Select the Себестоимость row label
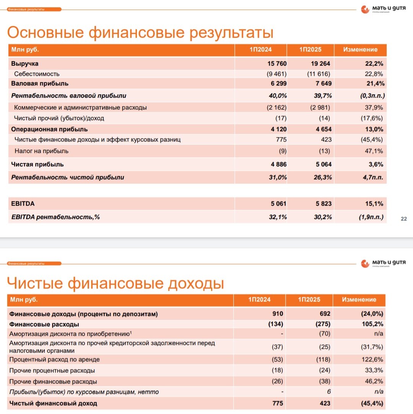point(37,74)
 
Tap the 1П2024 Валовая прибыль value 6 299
point(276,83)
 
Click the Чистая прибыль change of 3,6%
point(375,164)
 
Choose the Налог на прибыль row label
point(42,151)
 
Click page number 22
point(403,219)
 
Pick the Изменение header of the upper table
point(360,50)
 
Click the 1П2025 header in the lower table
point(309,300)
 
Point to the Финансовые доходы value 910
point(278,314)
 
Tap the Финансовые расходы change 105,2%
point(373,324)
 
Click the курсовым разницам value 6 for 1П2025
point(328,392)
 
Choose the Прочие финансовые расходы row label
point(53,382)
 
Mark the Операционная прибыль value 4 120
point(276,129)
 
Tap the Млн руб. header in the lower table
point(24,300)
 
